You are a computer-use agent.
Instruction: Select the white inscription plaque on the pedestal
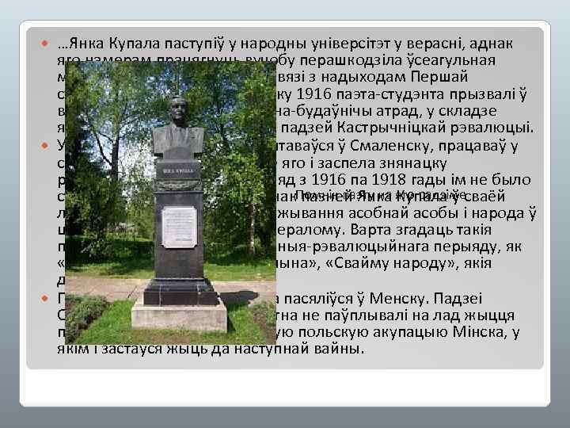click(x=178, y=227)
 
